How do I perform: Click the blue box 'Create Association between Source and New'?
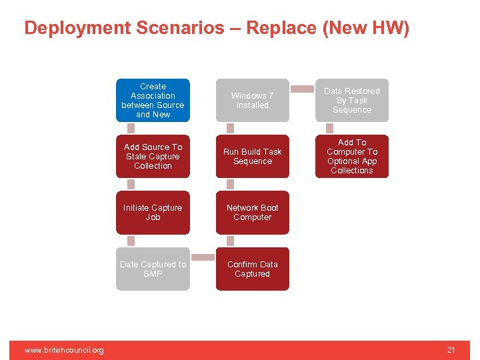pyautogui.click(x=153, y=101)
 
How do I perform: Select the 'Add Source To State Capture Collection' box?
pyautogui.click(x=153, y=157)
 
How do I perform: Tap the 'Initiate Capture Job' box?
pyautogui.click(x=153, y=213)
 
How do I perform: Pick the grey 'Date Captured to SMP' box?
pyautogui.click(x=153, y=269)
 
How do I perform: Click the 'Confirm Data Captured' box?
pyautogui.click(x=252, y=269)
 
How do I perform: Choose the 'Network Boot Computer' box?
pyautogui.click(x=252, y=213)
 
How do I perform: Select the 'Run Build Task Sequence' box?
pyautogui.click(x=252, y=157)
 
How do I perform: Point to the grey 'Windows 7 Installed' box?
pyautogui.click(x=252, y=101)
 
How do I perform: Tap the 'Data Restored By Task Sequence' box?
pyautogui.click(x=351, y=101)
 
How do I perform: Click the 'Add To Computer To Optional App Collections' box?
pyautogui.click(x=351, y=157)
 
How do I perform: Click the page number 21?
pyautogui.click(x=451, y=350)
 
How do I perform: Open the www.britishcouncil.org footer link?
pyautogui.click(x=64, y=350)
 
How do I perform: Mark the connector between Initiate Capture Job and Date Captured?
pyautogui.click(x=131, y=241)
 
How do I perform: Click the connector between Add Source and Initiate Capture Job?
pyautogui.click(x=131, y=185)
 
